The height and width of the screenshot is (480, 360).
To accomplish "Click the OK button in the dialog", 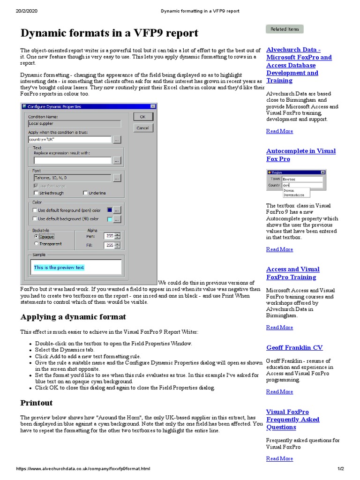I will pos(143,117).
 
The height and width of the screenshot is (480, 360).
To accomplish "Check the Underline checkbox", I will pos(85,193).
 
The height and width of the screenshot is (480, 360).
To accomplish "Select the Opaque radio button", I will pos(37,236).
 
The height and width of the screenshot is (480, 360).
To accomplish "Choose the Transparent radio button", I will pos(37,244).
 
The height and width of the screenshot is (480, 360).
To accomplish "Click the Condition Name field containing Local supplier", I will pos(74,124).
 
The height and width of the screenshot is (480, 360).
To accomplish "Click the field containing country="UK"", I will pos(69,140).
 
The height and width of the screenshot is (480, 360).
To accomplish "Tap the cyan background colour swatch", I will pos(110,219).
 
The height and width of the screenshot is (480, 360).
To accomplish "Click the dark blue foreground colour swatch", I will pos(110,210).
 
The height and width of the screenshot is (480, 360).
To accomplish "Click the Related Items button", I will pos(285,29).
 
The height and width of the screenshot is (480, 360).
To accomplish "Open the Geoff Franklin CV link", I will pos(294,348).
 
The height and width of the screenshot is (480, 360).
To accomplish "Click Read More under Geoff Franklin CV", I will pos(279,392).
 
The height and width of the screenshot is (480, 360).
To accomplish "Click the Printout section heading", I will pos(37,403).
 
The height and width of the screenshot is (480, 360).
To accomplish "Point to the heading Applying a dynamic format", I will pos(73,317).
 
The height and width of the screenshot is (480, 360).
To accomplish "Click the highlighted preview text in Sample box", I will pos(59,268).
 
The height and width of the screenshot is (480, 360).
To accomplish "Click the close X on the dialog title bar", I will pos(153,107).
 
